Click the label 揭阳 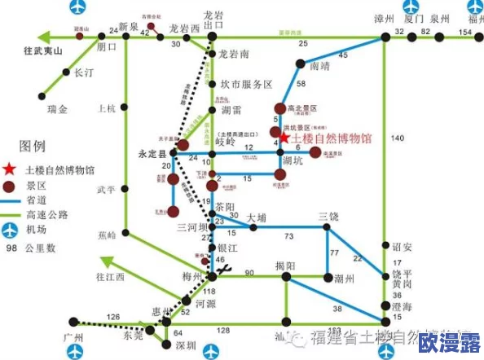click(x=285, y=264)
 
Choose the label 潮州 click(x=345, y=279)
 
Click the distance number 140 click(x=398, y=139)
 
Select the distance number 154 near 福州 click(x=464, y=32)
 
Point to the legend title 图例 click(x=32, y=147)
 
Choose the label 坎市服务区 click(x=246, y=84)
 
